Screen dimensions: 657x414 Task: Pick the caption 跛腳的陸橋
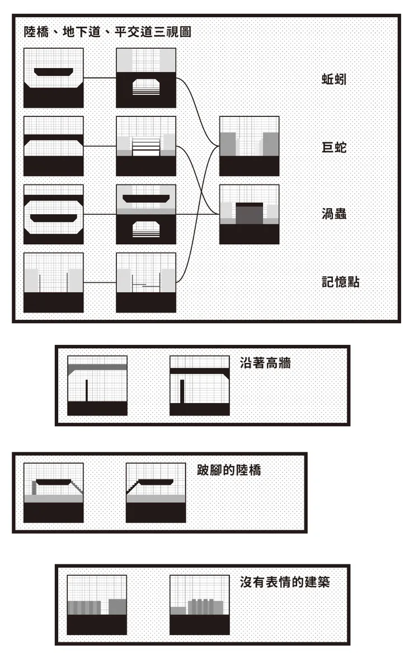[229, 470]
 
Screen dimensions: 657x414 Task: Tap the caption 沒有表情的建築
[285, 582]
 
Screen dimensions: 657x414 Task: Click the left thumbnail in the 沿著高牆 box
[97, 386]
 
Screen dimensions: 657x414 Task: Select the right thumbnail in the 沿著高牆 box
[200, 386]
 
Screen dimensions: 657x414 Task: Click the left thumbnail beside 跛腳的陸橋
[54, 493]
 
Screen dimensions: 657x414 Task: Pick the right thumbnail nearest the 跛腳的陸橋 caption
[156, 493]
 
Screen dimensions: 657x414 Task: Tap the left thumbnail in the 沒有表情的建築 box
[97, 605]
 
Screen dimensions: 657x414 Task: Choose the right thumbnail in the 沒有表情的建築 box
[200, 605]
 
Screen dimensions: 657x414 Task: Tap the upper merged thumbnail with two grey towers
[249, 146]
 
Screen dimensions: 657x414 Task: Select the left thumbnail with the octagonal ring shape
[54, 215]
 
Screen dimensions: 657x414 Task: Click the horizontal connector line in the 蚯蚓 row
[100, 78]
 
